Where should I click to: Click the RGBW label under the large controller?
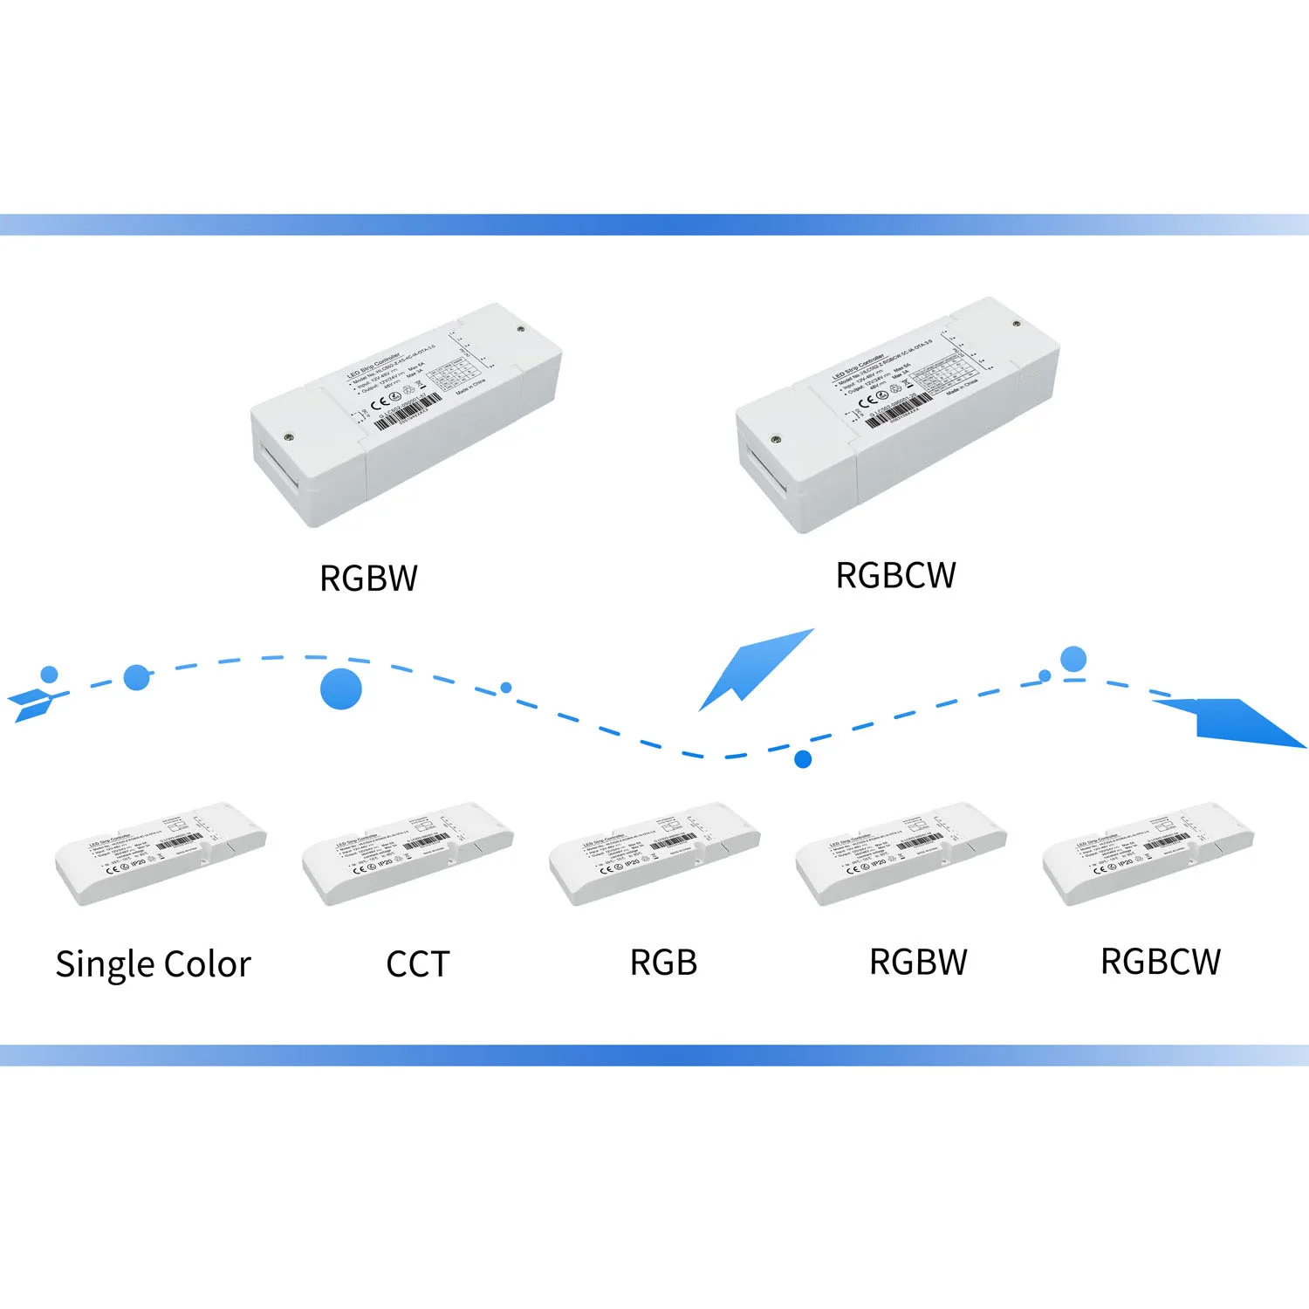pos(368,579)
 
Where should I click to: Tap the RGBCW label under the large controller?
pos(895,576)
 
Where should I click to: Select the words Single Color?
pos(153,964)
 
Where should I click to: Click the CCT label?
pos(417,964)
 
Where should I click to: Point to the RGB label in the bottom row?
pos(663,963)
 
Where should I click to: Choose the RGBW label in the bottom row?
pos(918,963)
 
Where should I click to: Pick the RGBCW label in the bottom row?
pos(1161,962)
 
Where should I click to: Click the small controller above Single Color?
pos(161,853)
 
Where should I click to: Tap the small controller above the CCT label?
pos(408,853)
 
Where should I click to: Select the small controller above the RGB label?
pos(654,853)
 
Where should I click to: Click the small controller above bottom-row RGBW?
pos(901,853)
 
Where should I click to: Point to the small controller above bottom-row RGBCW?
pos(1148,853)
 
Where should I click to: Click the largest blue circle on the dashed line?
pos(340,689)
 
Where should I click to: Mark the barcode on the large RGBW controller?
pos(408,413)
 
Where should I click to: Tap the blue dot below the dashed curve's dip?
pos(803,759)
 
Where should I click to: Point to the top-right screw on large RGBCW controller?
pos(1016,324)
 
